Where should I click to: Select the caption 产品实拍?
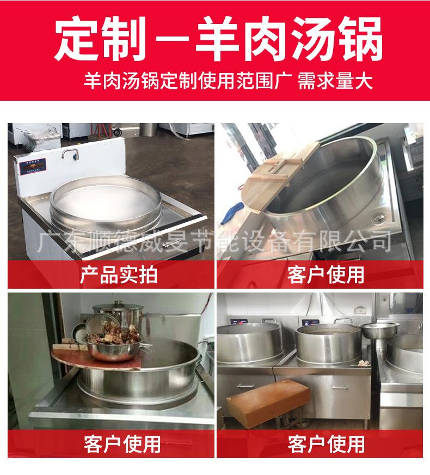111,275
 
